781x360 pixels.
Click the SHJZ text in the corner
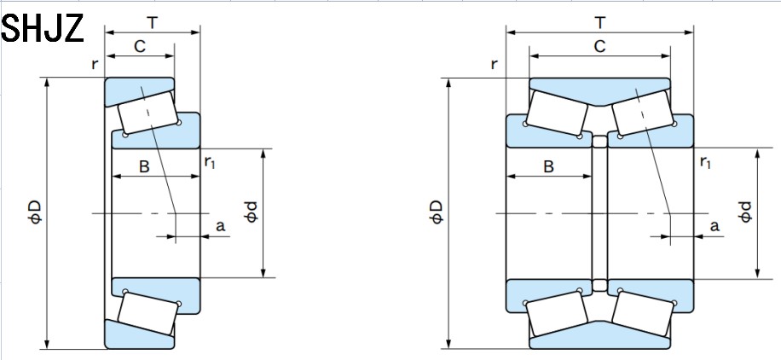pos(43,27)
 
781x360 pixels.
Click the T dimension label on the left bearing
pos(153,20)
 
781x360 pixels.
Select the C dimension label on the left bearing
pos(139,48)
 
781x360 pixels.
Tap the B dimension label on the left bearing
pos(144,167)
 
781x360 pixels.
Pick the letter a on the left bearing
pos(220,226)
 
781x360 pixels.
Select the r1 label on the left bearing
pos(210,161)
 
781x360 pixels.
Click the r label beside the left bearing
pos(95,64)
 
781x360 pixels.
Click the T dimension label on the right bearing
pos(599,20)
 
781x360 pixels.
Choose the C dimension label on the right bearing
pos(599,48)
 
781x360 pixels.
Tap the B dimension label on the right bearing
pos(548,167)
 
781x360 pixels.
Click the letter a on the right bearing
pos(714,226)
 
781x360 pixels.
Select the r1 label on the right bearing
pos(705,161)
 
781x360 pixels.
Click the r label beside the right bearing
pos(495,64)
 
